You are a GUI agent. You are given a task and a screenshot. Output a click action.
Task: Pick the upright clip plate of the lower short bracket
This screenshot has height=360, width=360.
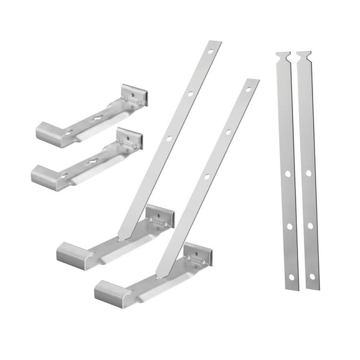(129, 138)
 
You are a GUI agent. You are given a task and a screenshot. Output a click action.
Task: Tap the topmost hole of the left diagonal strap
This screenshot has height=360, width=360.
(210, 51)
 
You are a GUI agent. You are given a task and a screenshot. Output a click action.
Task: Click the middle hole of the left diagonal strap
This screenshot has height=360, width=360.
(190, 94)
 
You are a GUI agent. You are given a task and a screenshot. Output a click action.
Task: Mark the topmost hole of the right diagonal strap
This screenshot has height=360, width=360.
(248, 89)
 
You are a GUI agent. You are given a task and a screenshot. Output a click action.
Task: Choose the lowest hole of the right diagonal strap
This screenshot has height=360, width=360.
(206, 177)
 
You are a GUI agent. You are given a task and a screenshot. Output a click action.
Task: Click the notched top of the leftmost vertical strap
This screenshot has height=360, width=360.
(282, 57)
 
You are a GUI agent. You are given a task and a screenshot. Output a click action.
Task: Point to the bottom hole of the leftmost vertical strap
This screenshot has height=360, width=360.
(292, 276)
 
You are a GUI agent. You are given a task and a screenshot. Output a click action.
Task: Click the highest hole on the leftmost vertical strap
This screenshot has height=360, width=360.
(287, 173)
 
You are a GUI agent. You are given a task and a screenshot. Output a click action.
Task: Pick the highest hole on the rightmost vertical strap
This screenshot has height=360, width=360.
(308, 173)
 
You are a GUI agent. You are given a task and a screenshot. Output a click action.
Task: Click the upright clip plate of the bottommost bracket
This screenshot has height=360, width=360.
(197, 255)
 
